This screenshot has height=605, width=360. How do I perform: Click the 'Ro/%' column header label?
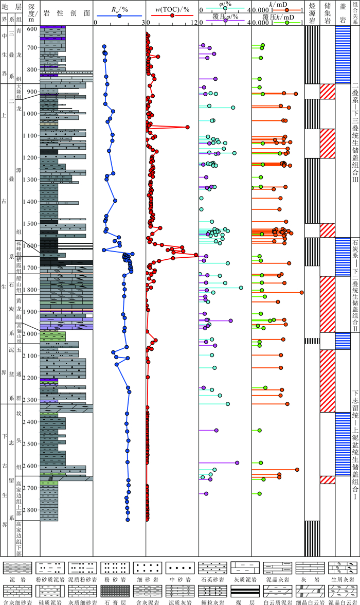(119, 8)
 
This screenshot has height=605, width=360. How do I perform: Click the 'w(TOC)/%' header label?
(172, 8)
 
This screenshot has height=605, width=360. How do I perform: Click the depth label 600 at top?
(32, 29)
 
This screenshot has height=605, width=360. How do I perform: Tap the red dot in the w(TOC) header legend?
(172, 16)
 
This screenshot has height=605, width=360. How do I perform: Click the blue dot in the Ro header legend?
(119, 16)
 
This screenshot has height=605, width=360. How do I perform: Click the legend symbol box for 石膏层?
(114, 590)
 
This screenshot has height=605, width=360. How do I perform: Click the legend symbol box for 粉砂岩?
(114, 567)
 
